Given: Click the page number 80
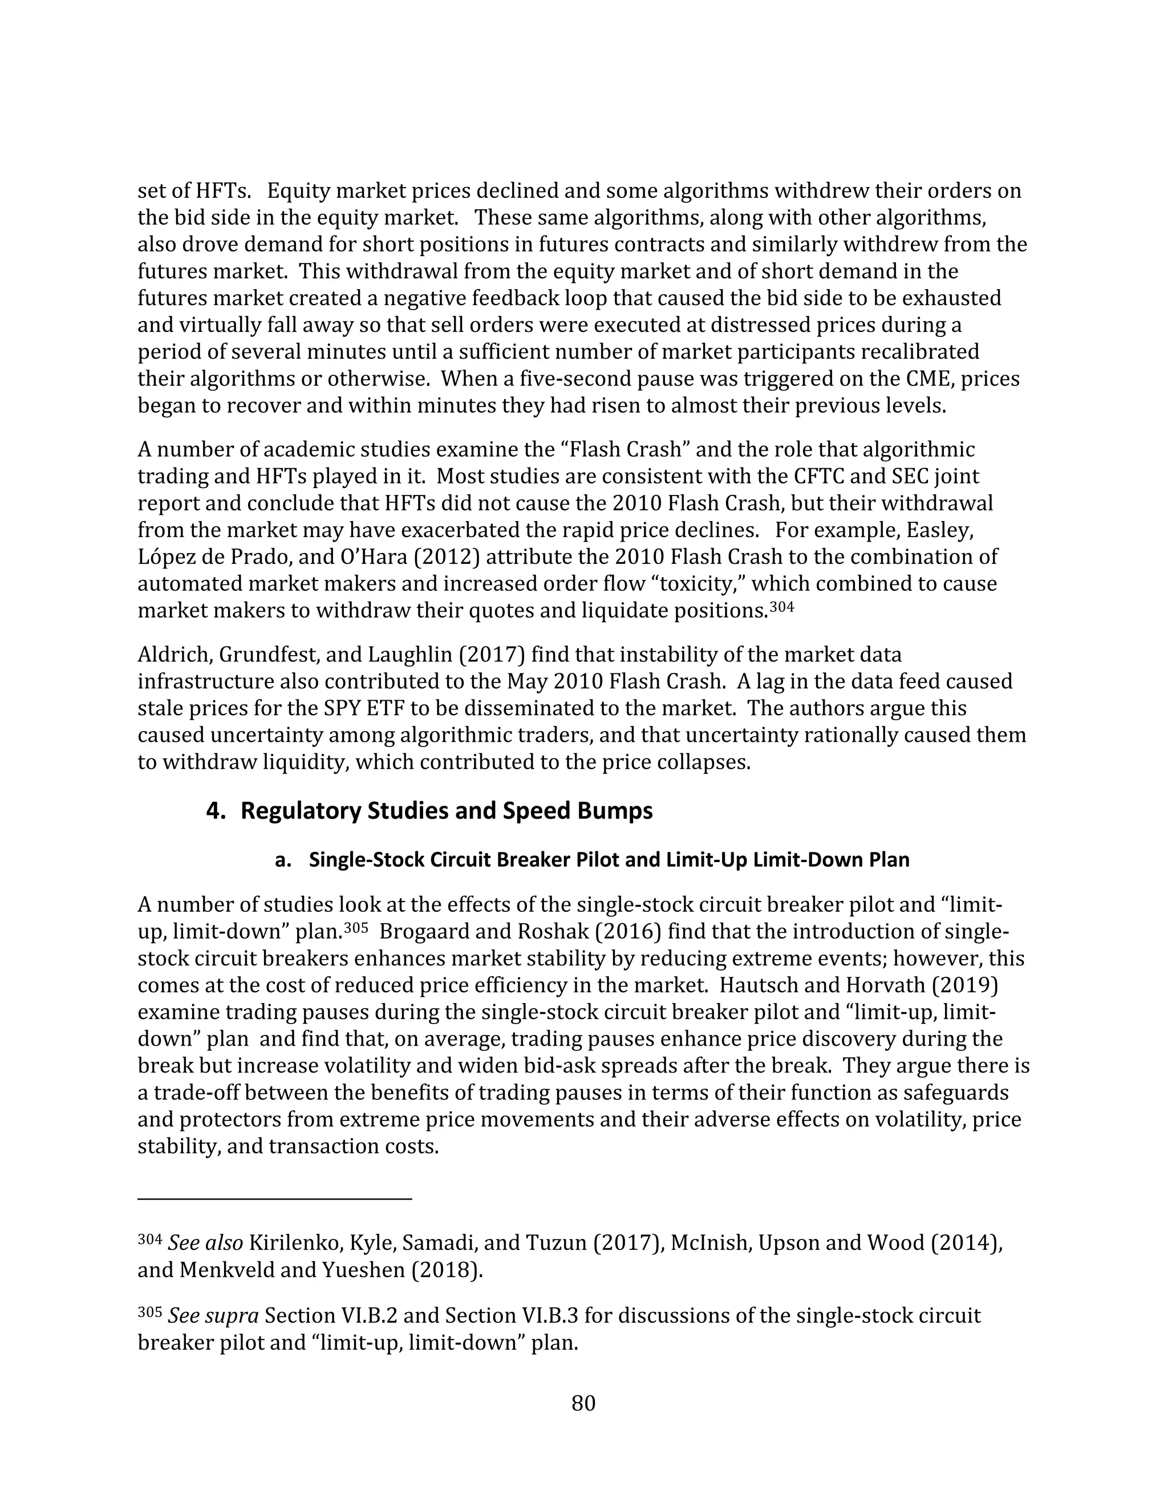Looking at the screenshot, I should coord(583,1404).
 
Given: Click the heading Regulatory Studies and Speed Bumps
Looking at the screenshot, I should coord(447,811).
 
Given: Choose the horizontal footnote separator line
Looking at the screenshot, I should coord(275,1199).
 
